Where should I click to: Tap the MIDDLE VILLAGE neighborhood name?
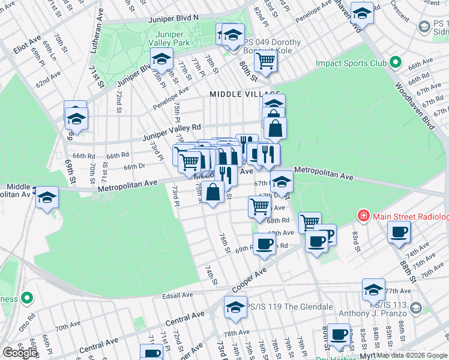[x=245, y=94]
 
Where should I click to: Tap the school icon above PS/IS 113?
[x=373, y=290]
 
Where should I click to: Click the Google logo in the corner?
[x=19, y=353]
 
